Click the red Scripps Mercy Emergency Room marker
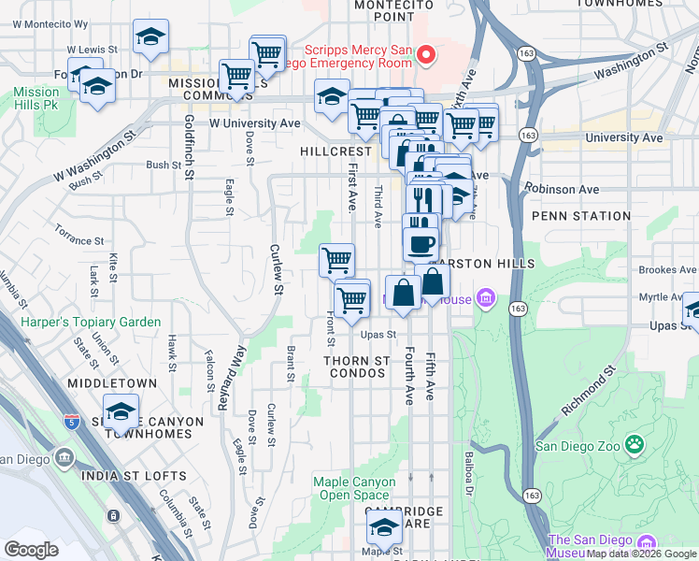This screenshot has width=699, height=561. tap(426, 55)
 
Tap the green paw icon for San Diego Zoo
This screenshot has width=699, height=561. tap(635, 444)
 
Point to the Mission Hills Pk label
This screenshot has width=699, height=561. tap(36, 99)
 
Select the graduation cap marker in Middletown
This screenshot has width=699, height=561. tap(121, 412)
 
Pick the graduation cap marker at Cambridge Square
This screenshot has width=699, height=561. tap(382, 529)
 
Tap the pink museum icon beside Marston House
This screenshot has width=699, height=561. tap(485, 299)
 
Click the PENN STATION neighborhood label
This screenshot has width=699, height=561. tap(581, 216)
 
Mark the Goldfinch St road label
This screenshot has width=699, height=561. tap(189, 148)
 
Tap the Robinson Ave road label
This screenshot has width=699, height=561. tap(562, 189)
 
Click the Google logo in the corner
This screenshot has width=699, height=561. tap(31, 549)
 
